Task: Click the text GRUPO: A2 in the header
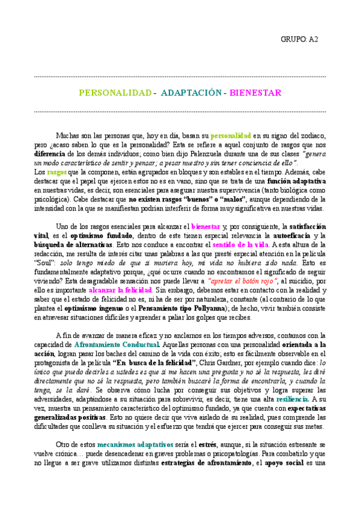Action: [x=299, y=40]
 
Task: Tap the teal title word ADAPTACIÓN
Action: [x=191, y=94]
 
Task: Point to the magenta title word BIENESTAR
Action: [x=255, y=94]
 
